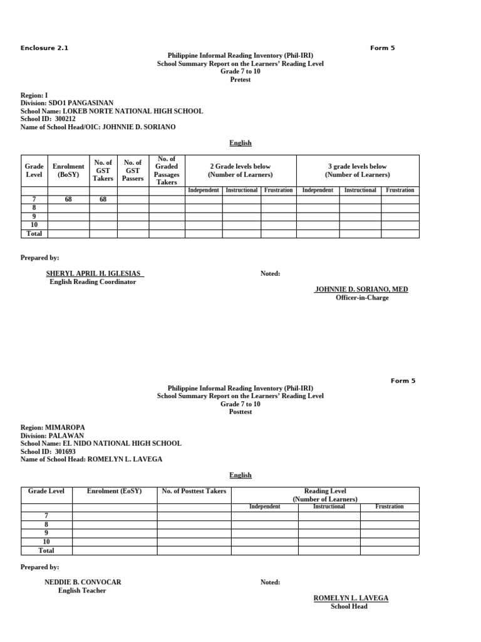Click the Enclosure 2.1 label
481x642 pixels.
pos(44,48)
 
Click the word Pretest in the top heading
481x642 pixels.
pos(240,80)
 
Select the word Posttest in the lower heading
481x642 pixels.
pos(240,412)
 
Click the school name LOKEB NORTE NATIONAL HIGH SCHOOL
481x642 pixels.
pos(133,111)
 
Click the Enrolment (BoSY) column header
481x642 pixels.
pos(68,171)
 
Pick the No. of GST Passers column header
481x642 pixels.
pos(133,170)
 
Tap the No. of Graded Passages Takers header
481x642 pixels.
pos(167,171)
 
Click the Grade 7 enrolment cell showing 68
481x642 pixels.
pos(68,199)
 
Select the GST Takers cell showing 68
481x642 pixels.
pos(103,199)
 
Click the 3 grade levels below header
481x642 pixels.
pos(357,171)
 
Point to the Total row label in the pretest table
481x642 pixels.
pos(34,233)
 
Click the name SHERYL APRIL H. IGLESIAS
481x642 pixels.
pos(94,273)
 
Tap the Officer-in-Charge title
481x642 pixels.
pos(362,298)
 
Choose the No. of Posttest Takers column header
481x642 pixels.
pos(194,491)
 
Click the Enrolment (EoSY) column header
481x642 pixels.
pos(114,491)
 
